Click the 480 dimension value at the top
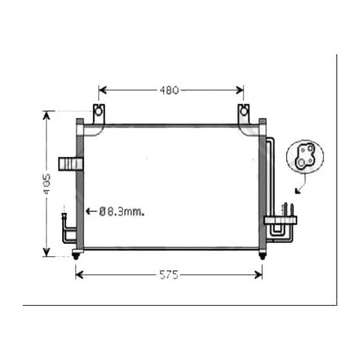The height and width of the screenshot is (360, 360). (x=169, y=90)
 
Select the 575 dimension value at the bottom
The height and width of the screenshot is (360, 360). (x=169, y=274)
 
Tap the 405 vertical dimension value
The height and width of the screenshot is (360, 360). (x=46, y=183)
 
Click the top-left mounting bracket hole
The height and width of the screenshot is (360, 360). (x=99, y=111)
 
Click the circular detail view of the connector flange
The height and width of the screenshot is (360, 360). (x=306, y=156)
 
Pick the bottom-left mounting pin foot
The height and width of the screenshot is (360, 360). (x=75, y=253)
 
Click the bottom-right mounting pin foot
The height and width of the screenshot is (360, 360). (x=263, y=253)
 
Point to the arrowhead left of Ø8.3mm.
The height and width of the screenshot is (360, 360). (x=88, y=211)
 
